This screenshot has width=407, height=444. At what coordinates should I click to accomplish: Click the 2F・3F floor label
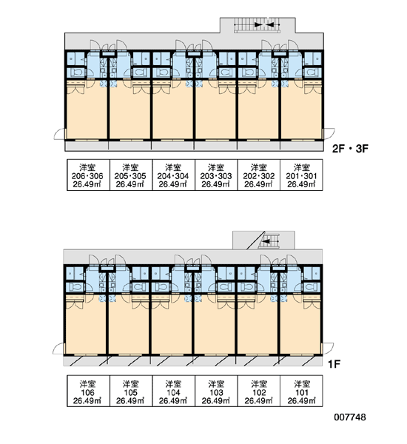(350, 149)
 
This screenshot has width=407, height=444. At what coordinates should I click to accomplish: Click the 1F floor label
(334, 363)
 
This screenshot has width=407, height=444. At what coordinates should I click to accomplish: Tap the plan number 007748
(350, 417)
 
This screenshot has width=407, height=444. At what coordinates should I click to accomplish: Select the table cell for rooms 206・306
(88, 175)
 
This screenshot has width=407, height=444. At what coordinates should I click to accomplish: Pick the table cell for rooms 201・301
(301, 175)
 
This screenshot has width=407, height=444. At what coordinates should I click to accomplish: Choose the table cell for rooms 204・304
(174, 175)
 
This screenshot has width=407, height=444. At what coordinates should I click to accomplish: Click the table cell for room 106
(88, 391)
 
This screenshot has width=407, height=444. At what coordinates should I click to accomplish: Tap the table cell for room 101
(301, 391)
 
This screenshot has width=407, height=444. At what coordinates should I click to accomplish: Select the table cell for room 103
(216, 391)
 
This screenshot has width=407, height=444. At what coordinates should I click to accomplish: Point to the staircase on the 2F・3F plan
(258, 25)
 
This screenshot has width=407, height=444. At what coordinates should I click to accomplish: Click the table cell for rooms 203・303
(216, 175)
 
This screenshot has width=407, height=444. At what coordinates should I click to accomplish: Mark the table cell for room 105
(131, 391)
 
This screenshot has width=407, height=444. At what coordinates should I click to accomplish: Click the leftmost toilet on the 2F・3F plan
(76, 73)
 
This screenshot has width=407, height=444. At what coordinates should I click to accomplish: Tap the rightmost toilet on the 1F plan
(312, 287)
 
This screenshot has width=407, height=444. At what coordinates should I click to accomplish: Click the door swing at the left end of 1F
(58, 349)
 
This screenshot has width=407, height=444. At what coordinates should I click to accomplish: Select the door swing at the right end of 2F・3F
(329, 134)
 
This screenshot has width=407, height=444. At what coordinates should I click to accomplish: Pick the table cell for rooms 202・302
(259, 175)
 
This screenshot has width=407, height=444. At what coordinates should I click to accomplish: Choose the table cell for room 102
(259, 391)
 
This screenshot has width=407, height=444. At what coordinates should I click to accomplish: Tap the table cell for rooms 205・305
(131, 175)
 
